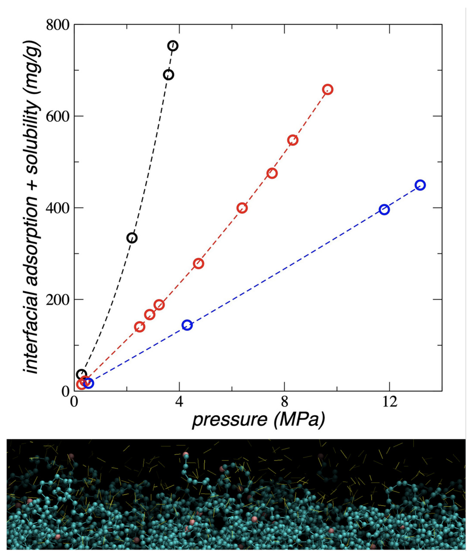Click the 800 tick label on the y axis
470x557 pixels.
[58, 25]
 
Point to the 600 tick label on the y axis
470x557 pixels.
[58, 116]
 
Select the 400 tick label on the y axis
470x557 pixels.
[58, 208]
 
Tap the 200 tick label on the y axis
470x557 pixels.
[58, 299]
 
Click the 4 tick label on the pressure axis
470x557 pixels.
[179, 402]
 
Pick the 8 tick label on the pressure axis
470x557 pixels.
[285, 402]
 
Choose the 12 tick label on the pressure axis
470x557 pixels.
[390, 402]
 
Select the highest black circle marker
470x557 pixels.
[173, 46]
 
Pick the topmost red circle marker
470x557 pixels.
[328, 90]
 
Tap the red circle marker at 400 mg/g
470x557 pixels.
[242, 208]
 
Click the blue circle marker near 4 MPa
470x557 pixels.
[187, 325]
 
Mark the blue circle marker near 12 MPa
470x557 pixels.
[385, 210]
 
